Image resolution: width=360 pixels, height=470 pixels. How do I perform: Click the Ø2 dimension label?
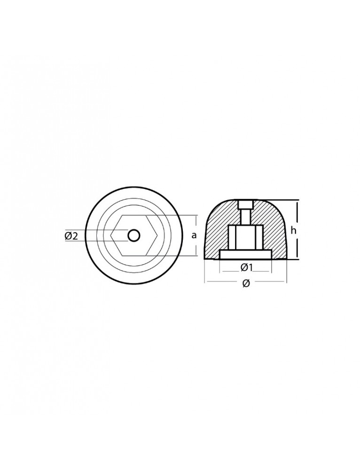point(71,236)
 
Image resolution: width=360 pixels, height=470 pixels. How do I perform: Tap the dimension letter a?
point(194,235)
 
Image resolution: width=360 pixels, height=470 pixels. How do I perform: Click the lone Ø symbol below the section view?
point(246,284)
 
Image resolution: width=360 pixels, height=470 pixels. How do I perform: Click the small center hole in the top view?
point(133,235)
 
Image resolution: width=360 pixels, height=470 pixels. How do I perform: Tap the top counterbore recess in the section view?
point(246,205)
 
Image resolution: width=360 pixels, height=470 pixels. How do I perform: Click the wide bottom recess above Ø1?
point(246,254)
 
